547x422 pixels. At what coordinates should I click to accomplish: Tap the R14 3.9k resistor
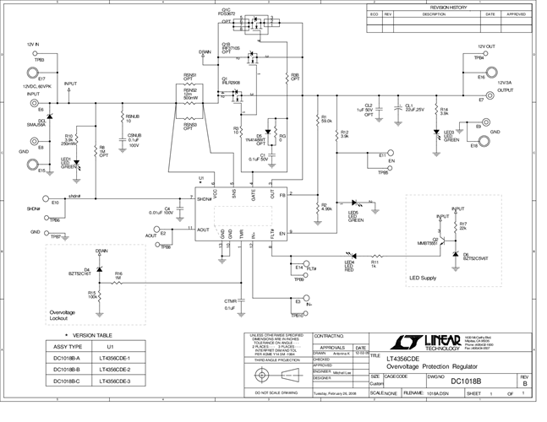(435, 111)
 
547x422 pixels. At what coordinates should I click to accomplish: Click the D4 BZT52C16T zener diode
(98, 270)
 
